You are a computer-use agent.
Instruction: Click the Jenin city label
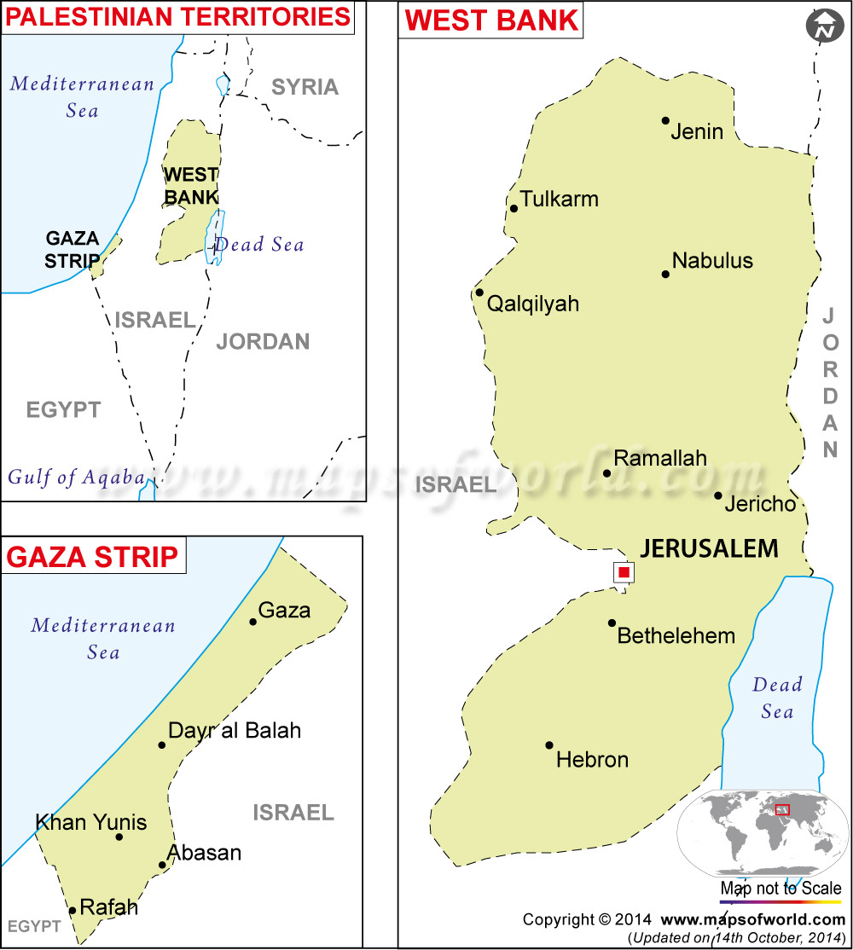697,131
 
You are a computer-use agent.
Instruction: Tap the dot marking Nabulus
665,274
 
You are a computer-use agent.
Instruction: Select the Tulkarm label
560,200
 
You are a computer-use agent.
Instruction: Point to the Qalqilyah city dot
479,293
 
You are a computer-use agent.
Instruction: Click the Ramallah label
660,458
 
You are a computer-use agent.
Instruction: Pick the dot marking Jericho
718,495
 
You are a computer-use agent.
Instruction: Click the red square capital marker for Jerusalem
624,572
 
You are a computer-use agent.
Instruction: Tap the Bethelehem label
676,635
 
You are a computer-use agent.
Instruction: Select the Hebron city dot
549,744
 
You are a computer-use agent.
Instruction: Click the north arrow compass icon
824,27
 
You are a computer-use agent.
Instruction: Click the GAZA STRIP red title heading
92,557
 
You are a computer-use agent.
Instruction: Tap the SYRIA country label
305,87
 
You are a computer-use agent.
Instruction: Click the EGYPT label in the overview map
63,409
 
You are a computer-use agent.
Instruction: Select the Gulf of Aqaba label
76,478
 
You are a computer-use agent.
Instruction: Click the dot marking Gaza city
253,622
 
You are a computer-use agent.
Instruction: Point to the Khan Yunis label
91,823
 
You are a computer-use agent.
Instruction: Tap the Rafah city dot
73,911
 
